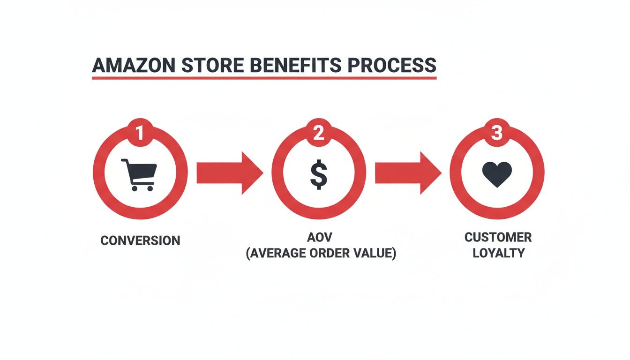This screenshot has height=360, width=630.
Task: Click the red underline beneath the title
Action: (264, 77)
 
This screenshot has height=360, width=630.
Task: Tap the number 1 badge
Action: (140, 134)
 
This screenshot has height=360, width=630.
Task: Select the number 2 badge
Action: (318, 134)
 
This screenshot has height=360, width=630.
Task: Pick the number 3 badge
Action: (497, 134)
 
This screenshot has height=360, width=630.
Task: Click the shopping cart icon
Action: (139, 174)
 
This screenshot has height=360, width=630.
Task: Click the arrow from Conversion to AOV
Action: (229, 172)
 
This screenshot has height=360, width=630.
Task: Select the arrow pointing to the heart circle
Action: (407, 172)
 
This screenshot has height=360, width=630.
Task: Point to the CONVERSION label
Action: (140, 241)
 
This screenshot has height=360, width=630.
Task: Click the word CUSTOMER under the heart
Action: (498, 237)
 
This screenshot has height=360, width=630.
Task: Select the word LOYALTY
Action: (498, 253)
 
